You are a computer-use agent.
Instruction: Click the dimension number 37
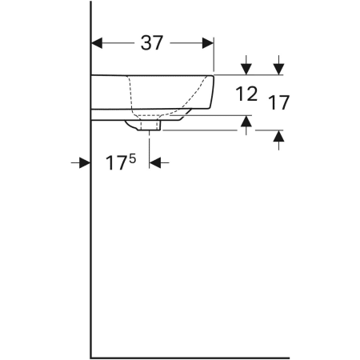pos(152,43)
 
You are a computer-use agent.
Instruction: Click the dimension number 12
pos(246,94)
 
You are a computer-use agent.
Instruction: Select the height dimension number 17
pos(279,102)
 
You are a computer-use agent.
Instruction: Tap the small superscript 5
pos(133,159)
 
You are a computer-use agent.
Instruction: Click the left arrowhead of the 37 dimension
pos(97,43)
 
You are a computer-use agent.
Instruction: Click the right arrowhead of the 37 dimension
pos(208,43)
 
